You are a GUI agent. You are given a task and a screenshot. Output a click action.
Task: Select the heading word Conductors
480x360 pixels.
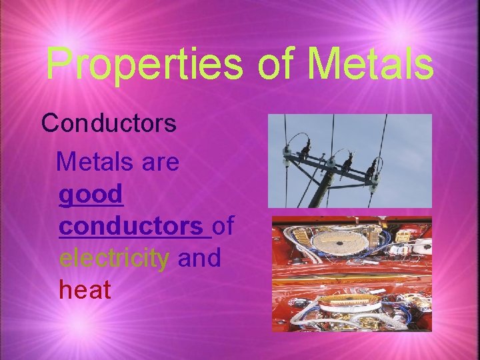109,123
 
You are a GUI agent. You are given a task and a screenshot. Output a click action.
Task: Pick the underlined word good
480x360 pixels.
91,194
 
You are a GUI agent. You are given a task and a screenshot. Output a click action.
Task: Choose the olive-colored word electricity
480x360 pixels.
114,257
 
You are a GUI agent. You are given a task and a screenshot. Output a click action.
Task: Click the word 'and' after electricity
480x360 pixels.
199,257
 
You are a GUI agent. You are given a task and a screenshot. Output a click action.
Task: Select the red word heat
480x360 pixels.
85,289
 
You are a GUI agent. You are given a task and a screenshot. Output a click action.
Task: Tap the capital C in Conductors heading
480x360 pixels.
51,123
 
